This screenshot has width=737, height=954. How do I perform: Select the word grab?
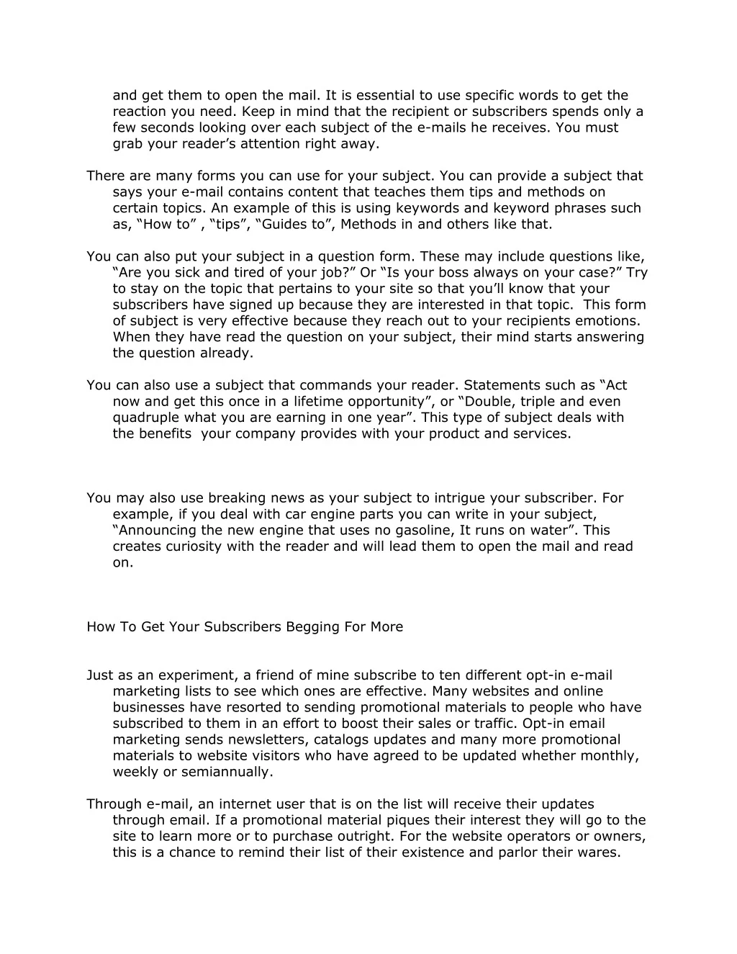click(x=128, y=143)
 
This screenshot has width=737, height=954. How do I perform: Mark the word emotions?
click(x=609, y=320)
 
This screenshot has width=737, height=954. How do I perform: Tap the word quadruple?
click(x=146, y=417)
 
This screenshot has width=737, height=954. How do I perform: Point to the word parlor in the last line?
click(x=509, y=852)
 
